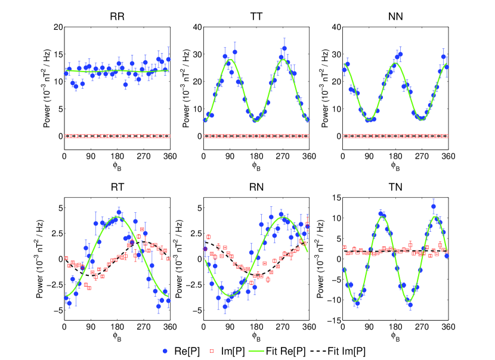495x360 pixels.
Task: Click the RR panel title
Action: [116, 18]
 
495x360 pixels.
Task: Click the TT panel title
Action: [256, 18]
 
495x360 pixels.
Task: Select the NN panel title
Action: [395, 18]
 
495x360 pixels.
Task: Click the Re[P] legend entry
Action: [180, 352]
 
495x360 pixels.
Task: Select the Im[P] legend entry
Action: [234, 352]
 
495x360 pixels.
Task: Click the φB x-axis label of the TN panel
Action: [395, 338]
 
